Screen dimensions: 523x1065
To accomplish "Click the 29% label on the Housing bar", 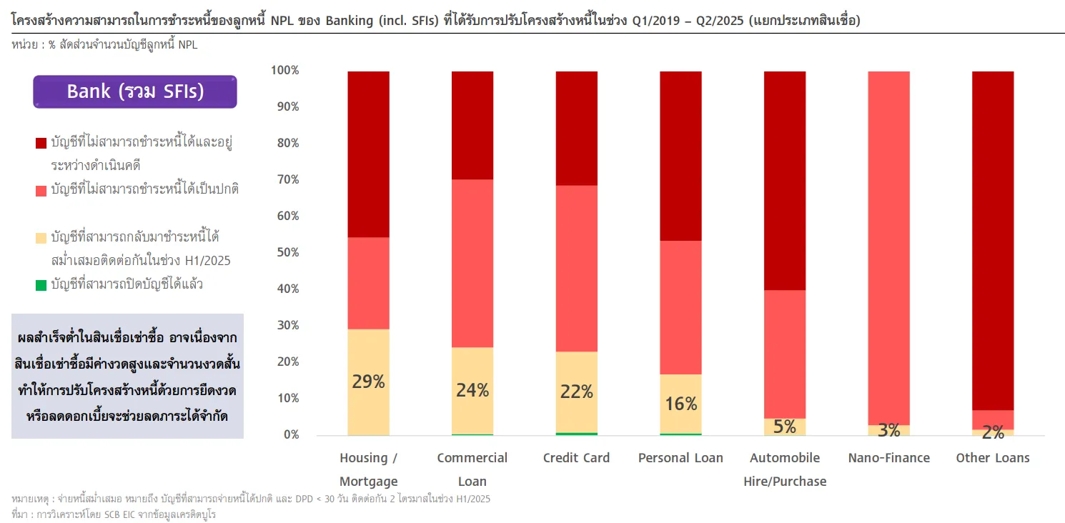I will pyautogui.click(x=368, y=382).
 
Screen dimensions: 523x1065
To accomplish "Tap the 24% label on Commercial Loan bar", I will pyautogui.click(x=472, y=390).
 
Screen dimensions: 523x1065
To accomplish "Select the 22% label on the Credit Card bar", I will pyautogui.click(x=577, y=392).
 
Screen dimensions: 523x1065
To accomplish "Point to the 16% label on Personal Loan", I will pyautogui.click(x=680, y=404).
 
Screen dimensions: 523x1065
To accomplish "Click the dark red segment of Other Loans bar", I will pyautogui.click(x=993, y=239).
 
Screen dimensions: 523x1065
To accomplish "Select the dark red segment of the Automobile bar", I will pyautogui.click(x=785, y=180).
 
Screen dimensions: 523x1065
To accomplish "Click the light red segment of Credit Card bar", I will pyautogui.click(x=577, y=268).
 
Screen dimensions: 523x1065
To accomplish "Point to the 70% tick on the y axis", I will pyautogui.click(x=285, y=179).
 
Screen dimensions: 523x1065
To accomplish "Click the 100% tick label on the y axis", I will pyautogui.click(x=285, y=70).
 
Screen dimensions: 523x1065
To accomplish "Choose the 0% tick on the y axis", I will pyautogui.click(x=290, y=434).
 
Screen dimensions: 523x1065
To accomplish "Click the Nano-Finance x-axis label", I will pyautogui.click(x=888, y=458).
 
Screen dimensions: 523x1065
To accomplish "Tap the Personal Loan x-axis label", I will pyautogui.click(x=680, y=458).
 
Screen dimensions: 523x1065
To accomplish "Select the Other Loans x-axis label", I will pyautogui.click(x=993, y=458).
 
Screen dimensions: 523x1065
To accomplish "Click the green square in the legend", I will pyautogui.click(x=41, y=285).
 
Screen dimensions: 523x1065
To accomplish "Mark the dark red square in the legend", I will pyautogui.click(x=41, y=144).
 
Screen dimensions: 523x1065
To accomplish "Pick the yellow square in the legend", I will pyautogui.click(x=41, y=238).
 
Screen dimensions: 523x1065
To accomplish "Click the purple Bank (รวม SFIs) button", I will pyautogui.click(x=135, y=91).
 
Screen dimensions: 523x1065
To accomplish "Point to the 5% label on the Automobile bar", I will pyautogui.click(x=785, y=427).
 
